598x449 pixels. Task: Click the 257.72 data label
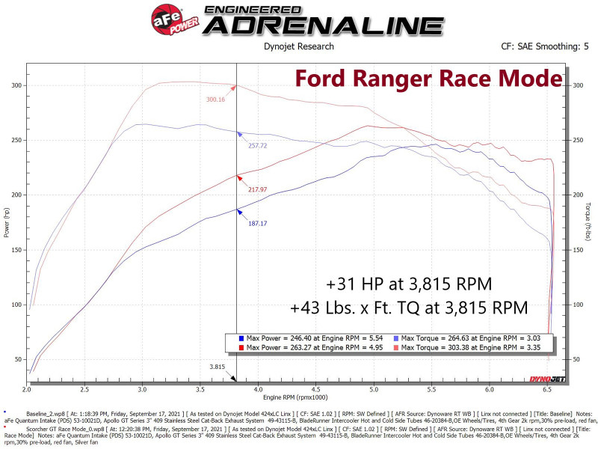coord(259,145)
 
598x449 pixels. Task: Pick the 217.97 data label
coord(259,189)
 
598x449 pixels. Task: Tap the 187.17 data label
coord(259,223)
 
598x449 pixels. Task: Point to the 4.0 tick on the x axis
coord(258,390)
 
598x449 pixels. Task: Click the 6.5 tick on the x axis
coord(547,390)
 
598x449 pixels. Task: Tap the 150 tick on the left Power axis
coord(16,250)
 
